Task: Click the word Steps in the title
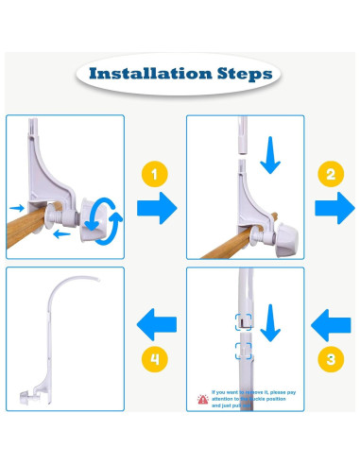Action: [x=241, y=74]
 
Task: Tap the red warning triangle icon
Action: [x=202, y=399]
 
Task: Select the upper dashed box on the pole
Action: [x=245, y=319]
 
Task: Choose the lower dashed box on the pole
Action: [x=245, y=352]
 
